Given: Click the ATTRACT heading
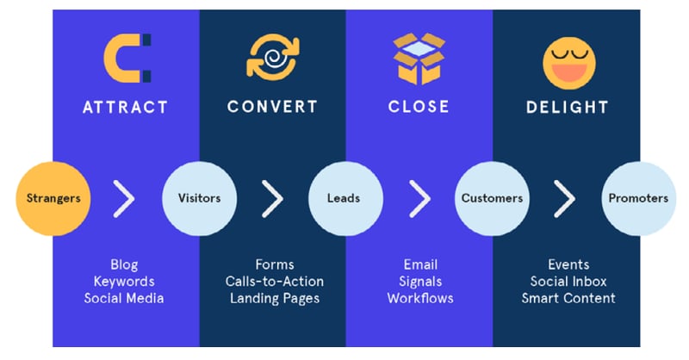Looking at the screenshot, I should pyautogui.click(x=126, y=108).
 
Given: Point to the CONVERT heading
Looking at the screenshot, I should pyautogui.click(x=272, y=108).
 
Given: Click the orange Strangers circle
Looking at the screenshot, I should pyautogui.click(x=53, y=198).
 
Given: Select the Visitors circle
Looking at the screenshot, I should pyautogui.click(x=199, y=198).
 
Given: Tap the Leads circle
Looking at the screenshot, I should pyautogui.click(x=344, y=198).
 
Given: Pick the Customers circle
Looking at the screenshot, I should pyautogui.click(x=492, y=198).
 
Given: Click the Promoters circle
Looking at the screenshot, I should pyautogui.click(x=637, y=198).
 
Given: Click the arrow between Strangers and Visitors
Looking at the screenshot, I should pyautogui.click(x=126, y=199).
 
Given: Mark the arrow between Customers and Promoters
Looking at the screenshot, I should pyautogui.click(x=565, y=199).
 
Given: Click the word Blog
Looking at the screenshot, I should pyautogui.click(x=124, y=264).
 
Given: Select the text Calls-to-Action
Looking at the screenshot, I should pyautogui.click(x=275, y=282).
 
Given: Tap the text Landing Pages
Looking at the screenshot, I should pyautogui.click(x=275, y=298).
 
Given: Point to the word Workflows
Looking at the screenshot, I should pyautogui.click(x=420, y=298).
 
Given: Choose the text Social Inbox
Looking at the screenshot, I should pyautogui.click(x=568, y=282).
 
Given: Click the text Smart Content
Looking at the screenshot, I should pyautogui.click(x=568, y=298).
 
